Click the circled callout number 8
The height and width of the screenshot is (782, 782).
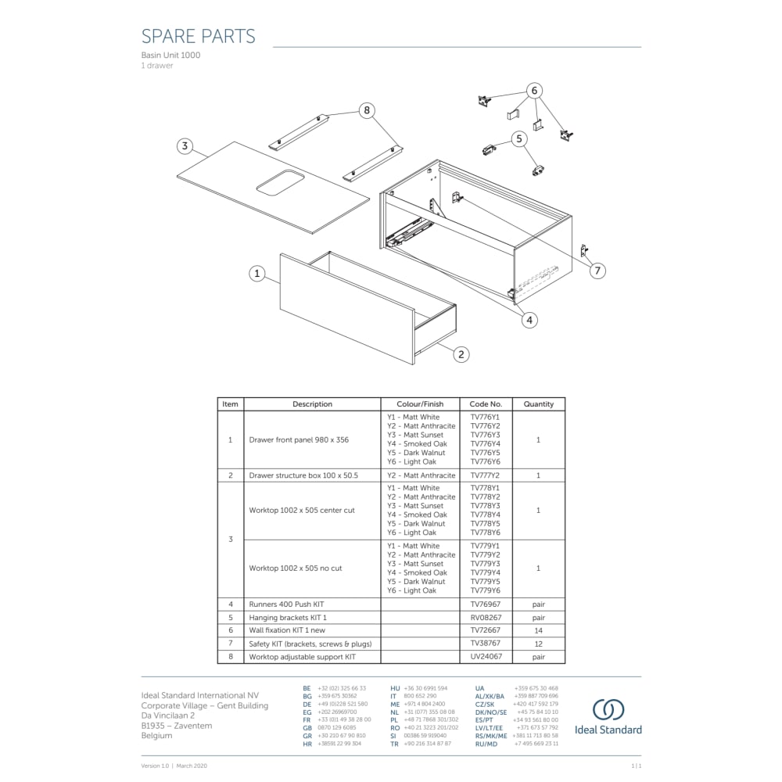[367, 110]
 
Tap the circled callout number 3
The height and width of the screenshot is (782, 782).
[185, 146]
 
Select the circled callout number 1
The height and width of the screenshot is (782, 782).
[257, 274]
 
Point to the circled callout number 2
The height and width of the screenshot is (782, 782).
[461, 354]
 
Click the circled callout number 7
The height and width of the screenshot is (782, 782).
[597, 271]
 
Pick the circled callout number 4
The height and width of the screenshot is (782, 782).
[529, 319]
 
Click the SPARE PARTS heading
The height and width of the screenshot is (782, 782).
[198, 36]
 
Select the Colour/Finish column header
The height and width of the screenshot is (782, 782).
[420, 404]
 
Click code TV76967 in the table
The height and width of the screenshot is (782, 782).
[486, 604]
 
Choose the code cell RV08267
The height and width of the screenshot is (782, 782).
[486, 618]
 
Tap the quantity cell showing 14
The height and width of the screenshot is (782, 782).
[538, 630]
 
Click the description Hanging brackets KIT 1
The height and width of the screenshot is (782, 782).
[288, 618]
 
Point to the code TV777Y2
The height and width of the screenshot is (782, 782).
[486, 475]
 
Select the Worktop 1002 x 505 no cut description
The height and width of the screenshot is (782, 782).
[296, 569]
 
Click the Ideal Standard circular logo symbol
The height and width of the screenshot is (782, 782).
[608, 710]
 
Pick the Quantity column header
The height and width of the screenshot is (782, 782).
[538, 404]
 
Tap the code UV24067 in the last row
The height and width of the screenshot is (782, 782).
[486, 657]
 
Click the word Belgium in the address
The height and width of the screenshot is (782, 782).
[156, 736]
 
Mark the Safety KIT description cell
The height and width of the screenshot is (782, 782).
[310, 644]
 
